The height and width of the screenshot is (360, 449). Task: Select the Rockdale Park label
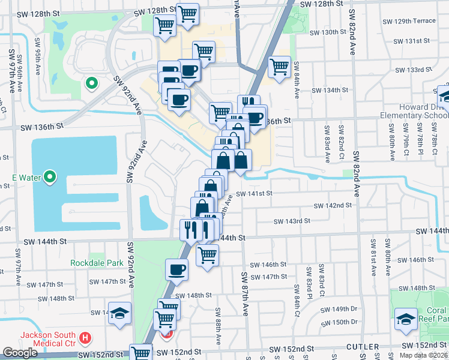[97, 263]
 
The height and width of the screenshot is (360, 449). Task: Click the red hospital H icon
[85, 338]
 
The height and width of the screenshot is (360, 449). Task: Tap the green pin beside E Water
[50, 177]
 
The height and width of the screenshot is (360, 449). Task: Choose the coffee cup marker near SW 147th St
[176, 270]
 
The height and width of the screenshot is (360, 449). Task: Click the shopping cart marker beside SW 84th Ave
[280, 67]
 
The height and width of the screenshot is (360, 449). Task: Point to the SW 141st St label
[254, 194]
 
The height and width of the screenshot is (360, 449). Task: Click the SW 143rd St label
[291, 221]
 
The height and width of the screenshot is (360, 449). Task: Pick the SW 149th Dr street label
[339, 309]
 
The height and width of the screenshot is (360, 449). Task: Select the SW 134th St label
[330, 91]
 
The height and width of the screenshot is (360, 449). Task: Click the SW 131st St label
[412, 41]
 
